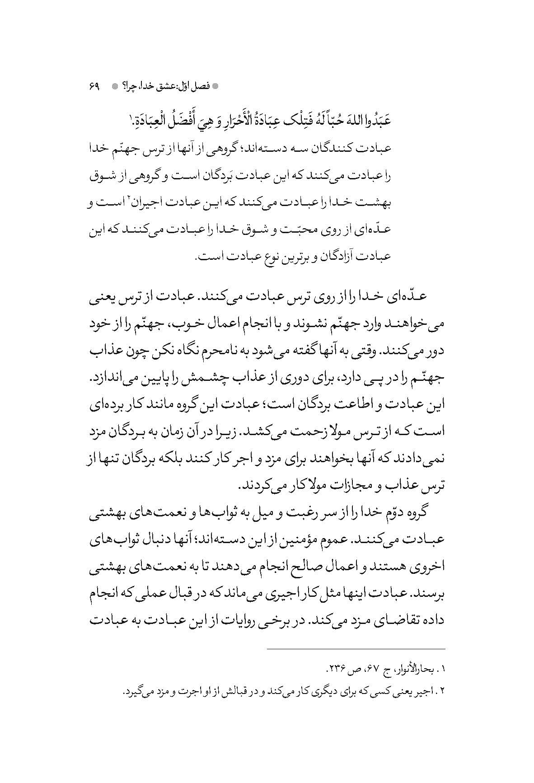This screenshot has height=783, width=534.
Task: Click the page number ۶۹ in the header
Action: tap(94, 86)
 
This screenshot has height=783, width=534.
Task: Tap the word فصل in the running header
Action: tap(199, 86)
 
